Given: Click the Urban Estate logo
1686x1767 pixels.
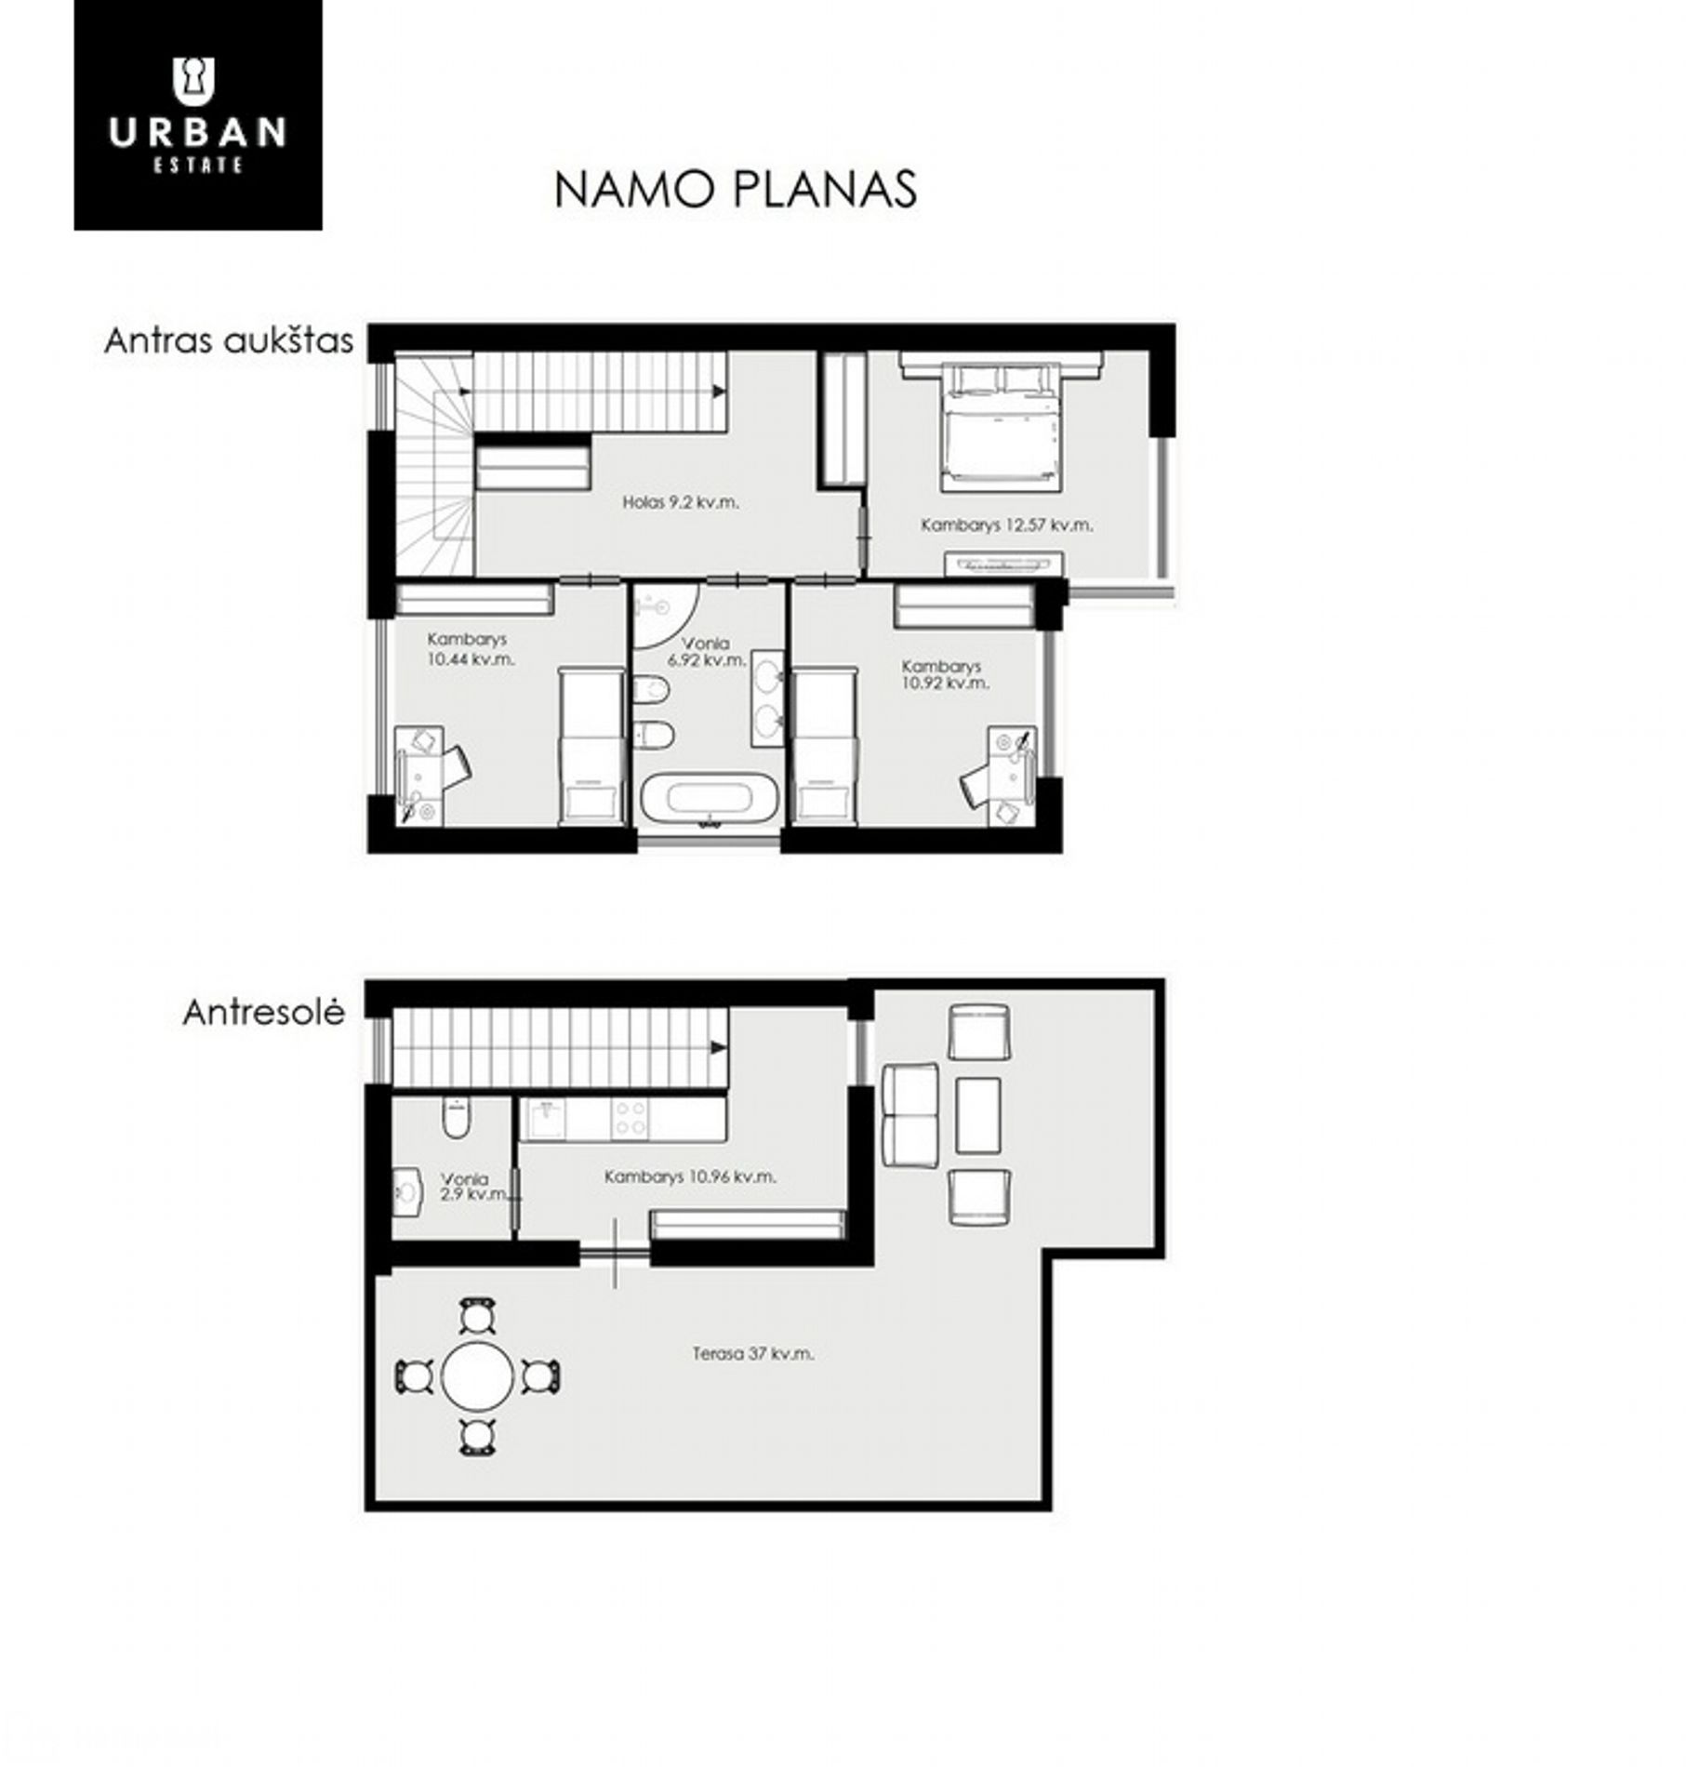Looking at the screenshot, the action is (198, 114).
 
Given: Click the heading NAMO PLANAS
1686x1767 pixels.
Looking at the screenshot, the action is (736, 189).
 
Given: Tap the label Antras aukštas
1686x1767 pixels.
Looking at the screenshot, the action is (229, 340).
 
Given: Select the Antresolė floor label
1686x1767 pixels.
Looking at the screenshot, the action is (264, 1012).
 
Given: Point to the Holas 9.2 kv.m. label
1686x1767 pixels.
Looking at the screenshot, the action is (681, 502).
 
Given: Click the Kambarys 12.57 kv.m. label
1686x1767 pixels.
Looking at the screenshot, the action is (1006, 525).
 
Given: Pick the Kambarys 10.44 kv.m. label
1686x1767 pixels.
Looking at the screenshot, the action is (471, 649).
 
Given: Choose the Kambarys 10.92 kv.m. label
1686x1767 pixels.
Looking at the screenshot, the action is (945, 674).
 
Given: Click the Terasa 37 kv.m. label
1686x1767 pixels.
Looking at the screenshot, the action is (753, 1354).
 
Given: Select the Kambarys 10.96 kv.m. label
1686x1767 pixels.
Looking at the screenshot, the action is (690, 1176).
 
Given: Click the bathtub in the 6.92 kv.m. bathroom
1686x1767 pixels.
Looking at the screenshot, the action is (710, 799).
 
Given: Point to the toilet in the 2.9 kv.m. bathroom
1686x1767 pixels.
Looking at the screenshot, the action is (456, 1118).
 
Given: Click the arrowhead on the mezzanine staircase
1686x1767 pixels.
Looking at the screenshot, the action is (719, 1048).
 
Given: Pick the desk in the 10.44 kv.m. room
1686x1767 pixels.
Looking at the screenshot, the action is (419, 775).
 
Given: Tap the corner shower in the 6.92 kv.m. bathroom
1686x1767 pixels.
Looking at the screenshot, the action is (664, 614).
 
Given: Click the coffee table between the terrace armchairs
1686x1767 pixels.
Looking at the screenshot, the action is (978, 1115).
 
